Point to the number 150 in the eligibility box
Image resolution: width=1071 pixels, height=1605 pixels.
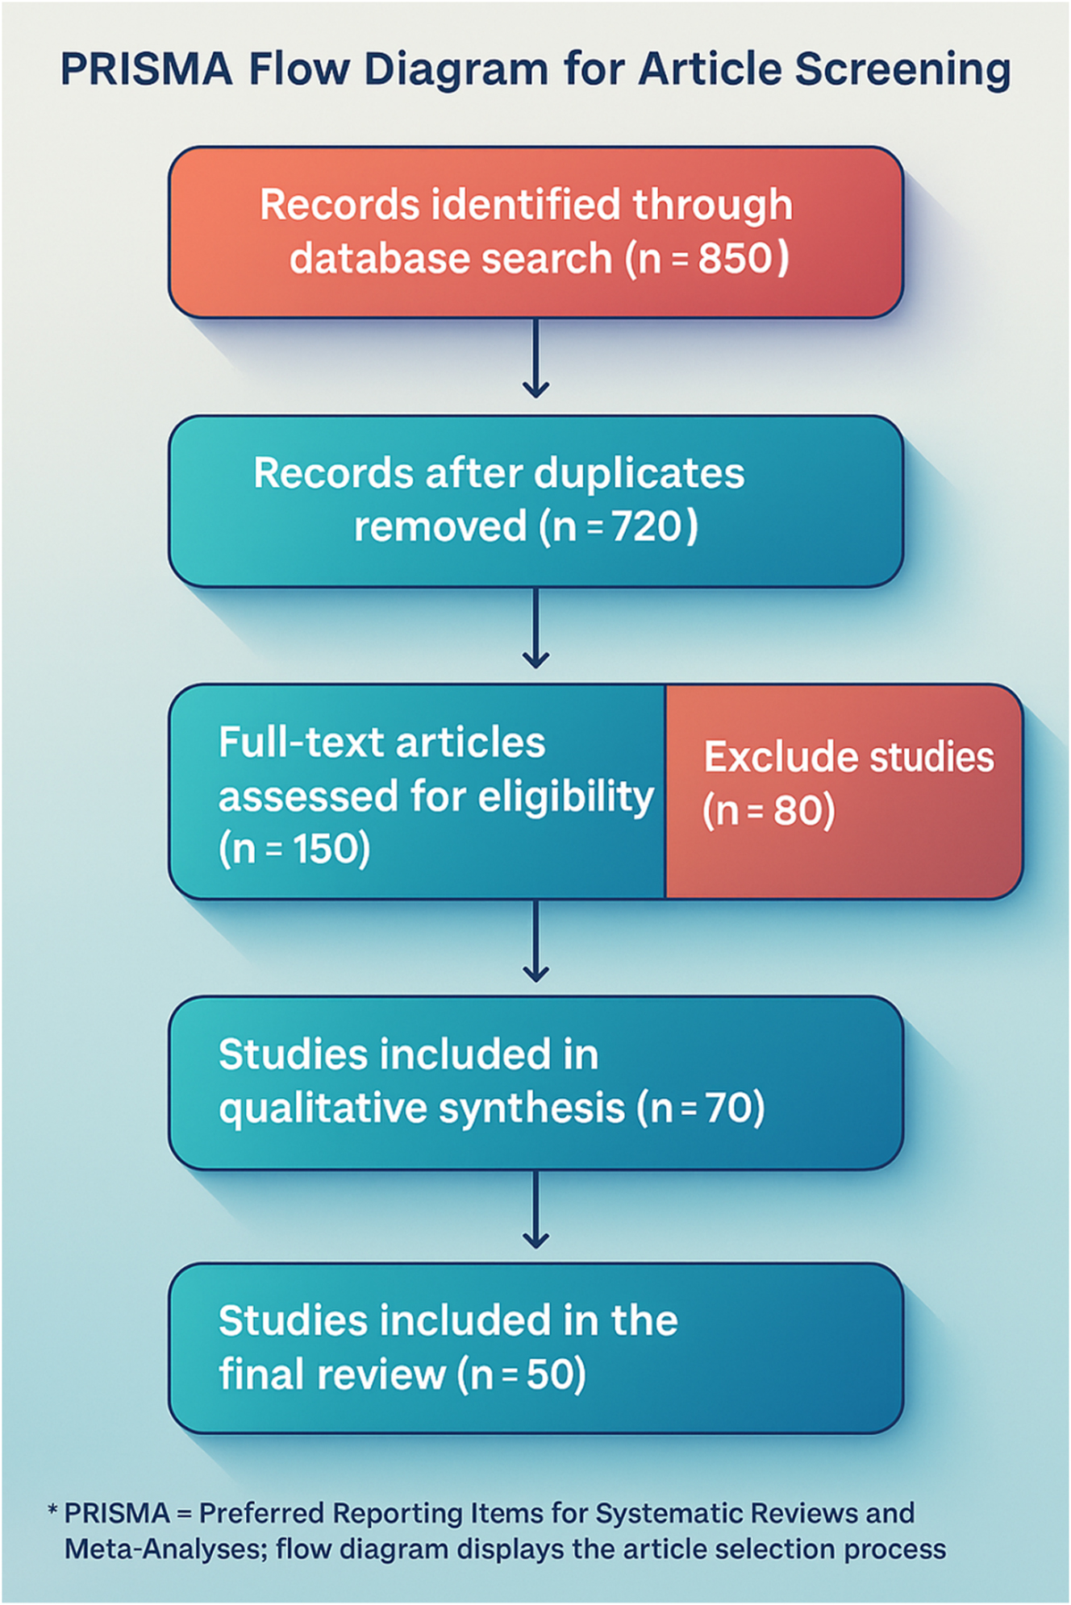322,849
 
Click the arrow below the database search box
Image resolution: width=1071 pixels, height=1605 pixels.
535,359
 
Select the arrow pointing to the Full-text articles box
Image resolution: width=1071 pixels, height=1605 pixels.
535,629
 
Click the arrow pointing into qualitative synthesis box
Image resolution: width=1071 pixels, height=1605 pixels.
535,942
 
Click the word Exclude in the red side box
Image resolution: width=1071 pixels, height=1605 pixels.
763,757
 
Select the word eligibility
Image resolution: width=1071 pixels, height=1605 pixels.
565,797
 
